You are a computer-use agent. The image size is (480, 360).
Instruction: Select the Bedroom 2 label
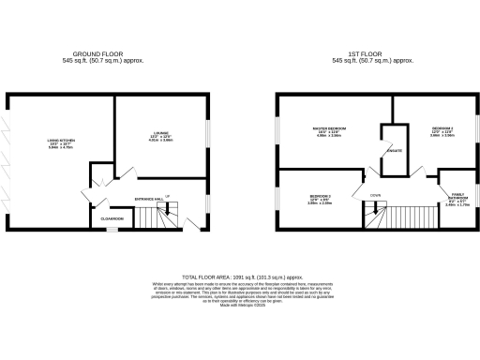coord(443,131)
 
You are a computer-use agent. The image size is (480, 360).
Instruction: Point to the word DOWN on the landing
coord(375,196)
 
